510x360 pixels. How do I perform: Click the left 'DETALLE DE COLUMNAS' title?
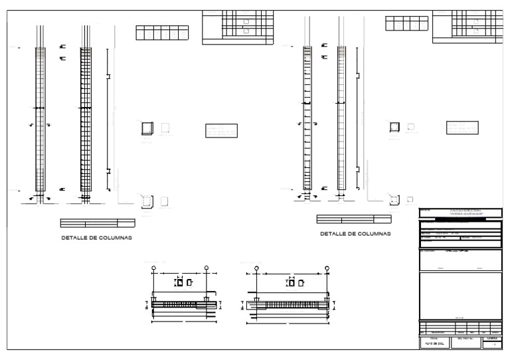point(97,238)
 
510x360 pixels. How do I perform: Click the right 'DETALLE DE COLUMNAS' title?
point(355,234)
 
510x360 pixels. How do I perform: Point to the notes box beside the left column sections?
point(221,130)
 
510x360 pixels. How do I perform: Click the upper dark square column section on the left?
point(147,128)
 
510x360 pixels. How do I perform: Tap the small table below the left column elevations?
point(98,223)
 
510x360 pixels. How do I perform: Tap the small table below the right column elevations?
point(353,219)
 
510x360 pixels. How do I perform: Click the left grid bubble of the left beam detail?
point(154,269)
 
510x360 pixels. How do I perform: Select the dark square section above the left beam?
point(178,283)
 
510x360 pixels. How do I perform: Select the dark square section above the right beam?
point(290,283)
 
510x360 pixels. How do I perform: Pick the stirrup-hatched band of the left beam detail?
point(178,304)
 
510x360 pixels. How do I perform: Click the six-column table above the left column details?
point(162,33)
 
